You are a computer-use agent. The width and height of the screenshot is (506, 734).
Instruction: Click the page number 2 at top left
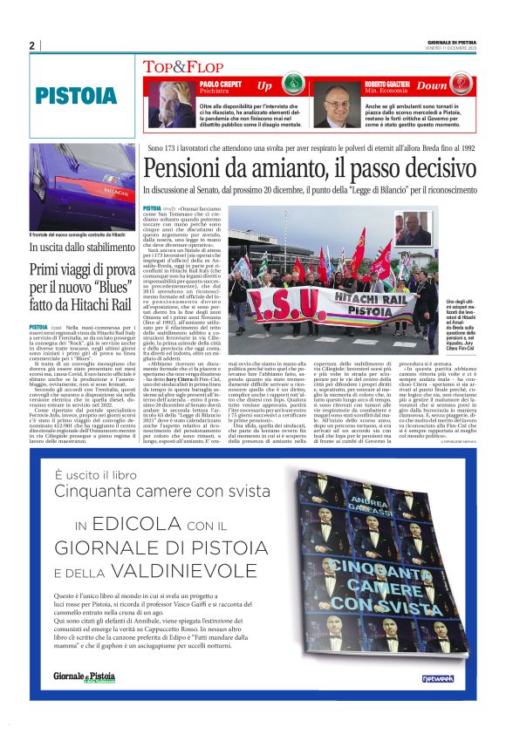click(x=31, y=45)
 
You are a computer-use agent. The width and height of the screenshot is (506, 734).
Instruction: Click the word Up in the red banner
click(x=264, y=86)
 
